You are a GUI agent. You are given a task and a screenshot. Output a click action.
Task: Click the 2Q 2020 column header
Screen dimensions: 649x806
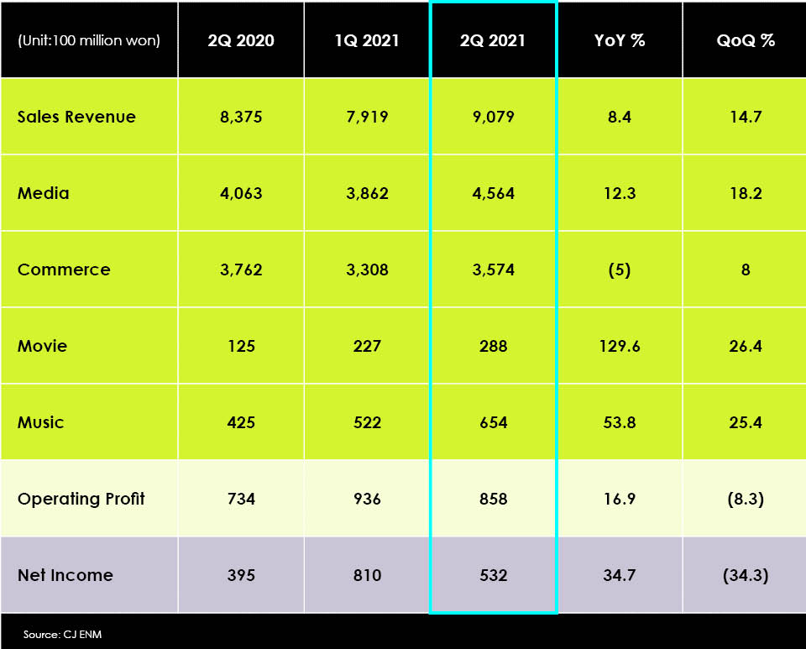[241, 40]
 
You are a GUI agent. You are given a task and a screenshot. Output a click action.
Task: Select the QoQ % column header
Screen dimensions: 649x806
[746, 40]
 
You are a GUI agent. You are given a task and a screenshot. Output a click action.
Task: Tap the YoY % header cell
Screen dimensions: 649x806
[620, 40]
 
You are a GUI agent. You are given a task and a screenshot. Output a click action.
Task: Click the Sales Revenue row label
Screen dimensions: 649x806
[76, 117]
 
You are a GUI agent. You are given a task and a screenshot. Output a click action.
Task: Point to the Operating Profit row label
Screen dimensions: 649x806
[81, 499]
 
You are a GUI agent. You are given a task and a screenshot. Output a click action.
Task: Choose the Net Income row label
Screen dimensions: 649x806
[65, 575]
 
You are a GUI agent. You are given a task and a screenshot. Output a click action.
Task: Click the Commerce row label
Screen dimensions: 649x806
[64, 270]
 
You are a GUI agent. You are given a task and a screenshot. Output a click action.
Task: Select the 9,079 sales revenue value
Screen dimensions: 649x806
[493, 117]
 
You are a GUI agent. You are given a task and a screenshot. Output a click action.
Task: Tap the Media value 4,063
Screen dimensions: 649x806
[241, 193]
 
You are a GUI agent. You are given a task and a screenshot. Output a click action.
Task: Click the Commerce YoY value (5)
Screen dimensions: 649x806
[620, 270]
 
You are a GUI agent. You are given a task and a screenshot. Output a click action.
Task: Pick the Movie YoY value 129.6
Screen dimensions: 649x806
[620, 346]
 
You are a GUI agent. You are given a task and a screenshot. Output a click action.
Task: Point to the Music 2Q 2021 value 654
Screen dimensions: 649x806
[493, 422]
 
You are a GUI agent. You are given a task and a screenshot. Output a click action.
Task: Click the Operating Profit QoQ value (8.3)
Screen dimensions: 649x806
[746, 499]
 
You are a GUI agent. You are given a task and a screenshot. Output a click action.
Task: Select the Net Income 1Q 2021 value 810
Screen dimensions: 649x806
[367, 575]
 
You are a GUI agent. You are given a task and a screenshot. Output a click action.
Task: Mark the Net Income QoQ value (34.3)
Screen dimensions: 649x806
[746, 575]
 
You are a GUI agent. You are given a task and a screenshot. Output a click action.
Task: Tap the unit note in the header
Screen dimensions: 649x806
[88, 40]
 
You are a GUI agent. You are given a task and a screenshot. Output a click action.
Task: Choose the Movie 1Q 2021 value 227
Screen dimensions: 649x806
[367, 346]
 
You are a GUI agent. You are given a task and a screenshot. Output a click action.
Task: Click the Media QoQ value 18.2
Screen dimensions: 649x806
[746, 193]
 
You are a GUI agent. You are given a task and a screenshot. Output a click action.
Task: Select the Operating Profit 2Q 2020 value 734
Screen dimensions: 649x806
[241, 499]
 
